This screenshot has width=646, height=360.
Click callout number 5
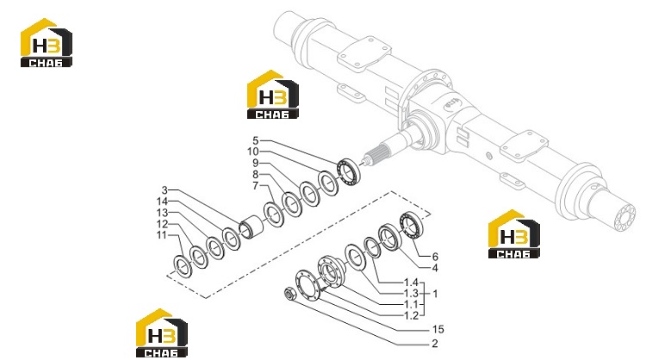tap(256, 141)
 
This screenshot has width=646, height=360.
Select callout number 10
tap(253, 152)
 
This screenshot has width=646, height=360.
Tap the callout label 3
tap(165, 190)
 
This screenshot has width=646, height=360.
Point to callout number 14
tap(162, 202)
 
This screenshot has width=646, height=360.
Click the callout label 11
tap(162, 235)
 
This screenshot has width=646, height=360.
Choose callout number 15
tap(438, 330)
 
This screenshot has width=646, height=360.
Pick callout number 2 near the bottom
tap(435, 344)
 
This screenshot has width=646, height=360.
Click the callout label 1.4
tap(411, 282)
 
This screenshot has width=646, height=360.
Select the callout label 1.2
tap(411, 316)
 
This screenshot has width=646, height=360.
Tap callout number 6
tap(435, 257)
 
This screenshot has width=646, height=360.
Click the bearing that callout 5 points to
tap(350, 171)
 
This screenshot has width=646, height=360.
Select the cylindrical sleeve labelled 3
tap(251, 227)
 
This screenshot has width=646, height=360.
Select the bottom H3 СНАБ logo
tap(162, 332)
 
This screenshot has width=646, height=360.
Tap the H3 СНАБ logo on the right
tap(513, 234)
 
